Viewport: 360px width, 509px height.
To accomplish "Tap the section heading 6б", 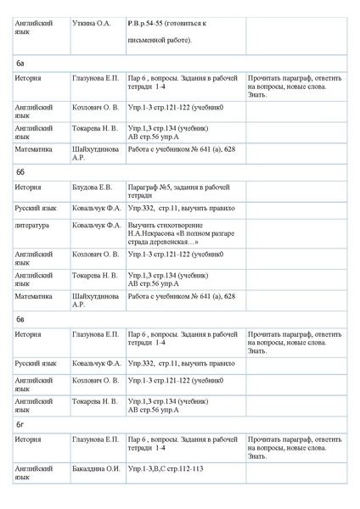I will [x=20, y=171].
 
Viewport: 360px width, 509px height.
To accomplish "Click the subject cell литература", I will [x=31, y=225].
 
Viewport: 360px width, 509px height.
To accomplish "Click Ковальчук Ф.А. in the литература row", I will [x=96, y=225].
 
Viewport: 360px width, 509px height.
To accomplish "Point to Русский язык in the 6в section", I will [x=36, y=363].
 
